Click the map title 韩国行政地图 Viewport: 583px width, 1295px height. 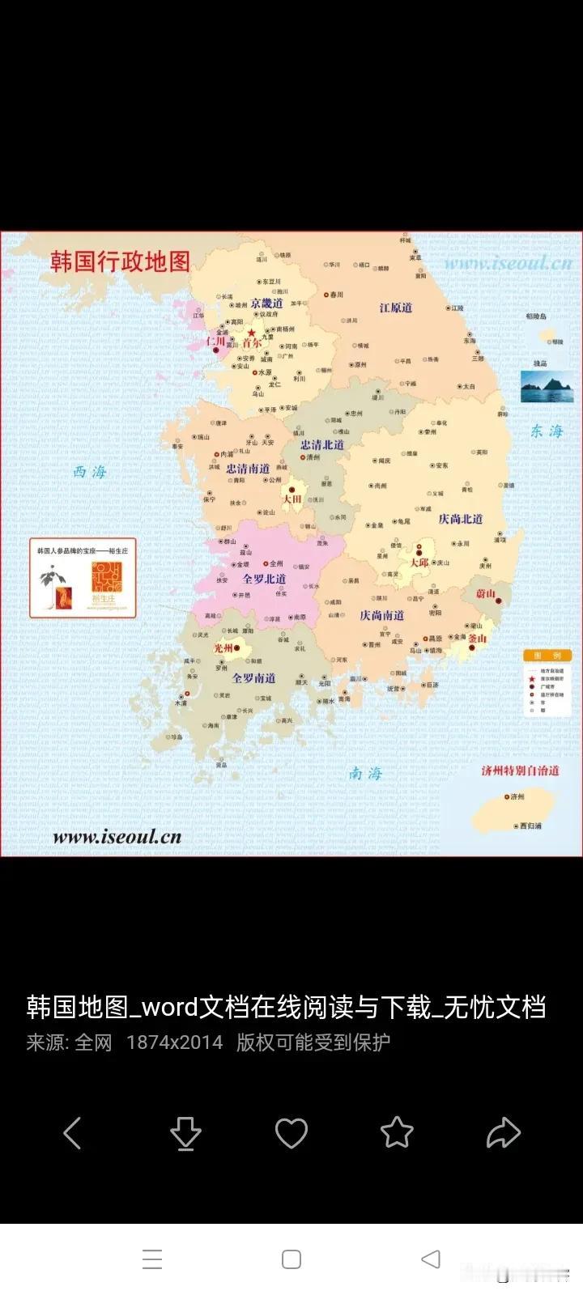coord(120,261)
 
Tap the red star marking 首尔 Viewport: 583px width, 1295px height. coord(252,333)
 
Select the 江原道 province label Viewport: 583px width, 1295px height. coord(396,308)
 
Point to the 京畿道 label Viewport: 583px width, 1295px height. coord(266,303)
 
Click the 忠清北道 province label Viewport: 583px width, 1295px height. coord(322,444)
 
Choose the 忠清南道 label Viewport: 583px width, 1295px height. coord(248,469)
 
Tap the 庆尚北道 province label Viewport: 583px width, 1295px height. coord(461,519)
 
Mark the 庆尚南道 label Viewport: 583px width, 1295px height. coord(382,615)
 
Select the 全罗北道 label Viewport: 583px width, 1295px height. coord(264,579)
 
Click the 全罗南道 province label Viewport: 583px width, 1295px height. coord(254,678)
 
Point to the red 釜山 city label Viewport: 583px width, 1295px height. coord(477,638)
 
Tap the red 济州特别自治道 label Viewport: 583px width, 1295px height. coord(520,771)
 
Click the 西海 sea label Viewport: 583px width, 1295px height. coord(90,472)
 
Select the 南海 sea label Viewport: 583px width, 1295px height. coord(365,774)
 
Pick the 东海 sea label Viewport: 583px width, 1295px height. coord(547,431)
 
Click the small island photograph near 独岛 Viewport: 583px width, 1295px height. coord(545,388)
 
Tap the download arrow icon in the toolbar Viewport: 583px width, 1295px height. coord(186,1133)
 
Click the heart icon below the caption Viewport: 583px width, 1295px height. coord(291,1133)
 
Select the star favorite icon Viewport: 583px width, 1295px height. coord(397,1132)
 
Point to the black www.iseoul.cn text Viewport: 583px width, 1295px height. coord(117,837)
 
